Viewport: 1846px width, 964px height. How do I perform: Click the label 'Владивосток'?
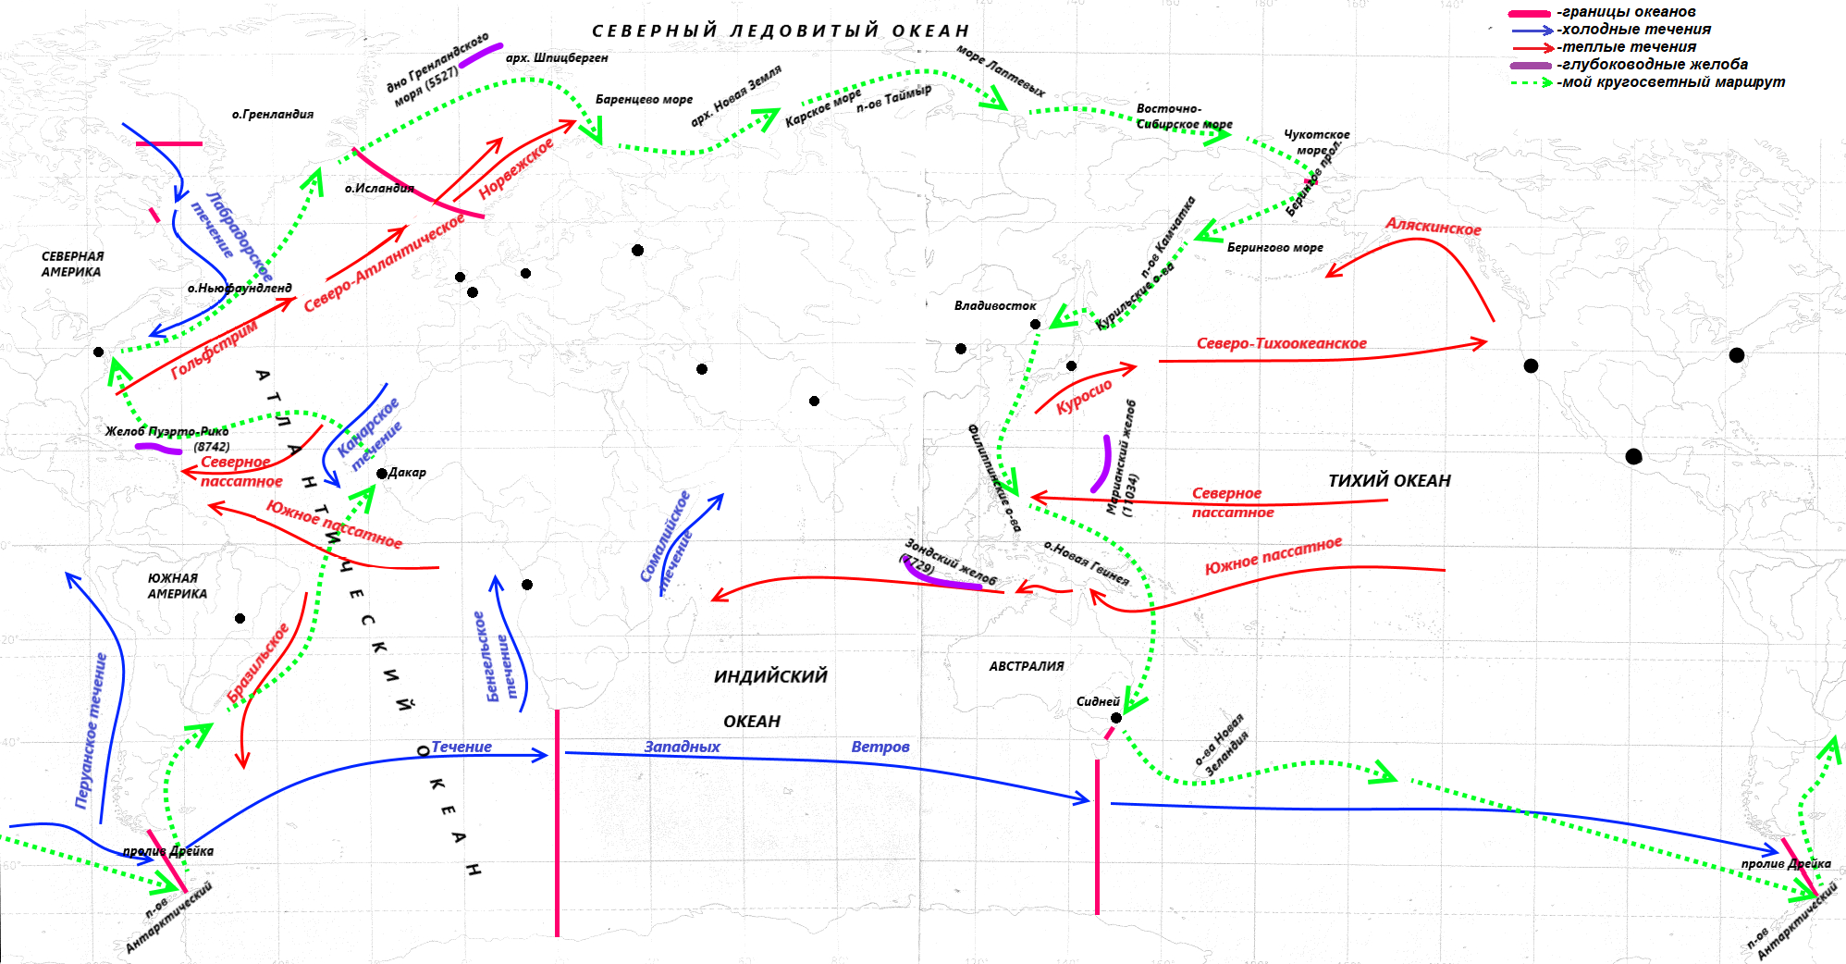coord(995,305)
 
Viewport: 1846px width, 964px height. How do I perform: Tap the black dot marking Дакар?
coord(382,474)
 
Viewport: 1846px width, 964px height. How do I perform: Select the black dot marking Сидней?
coord(1116,718)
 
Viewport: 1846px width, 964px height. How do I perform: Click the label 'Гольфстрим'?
coord(214,350)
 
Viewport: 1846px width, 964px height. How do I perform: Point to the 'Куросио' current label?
coord(1084,395)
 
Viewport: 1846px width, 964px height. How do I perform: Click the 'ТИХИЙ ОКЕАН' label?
coord(1389,480)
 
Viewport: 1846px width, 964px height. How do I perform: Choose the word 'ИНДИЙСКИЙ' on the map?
coord(770,676)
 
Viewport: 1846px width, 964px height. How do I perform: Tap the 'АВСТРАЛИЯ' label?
coord(1027,666)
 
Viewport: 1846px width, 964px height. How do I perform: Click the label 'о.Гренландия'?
coord(273,115)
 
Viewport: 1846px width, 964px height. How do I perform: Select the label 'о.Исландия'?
coord(379,189)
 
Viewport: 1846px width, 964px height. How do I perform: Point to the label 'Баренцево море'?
coord(644,100)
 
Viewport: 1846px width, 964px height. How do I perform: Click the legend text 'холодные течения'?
coord(1635,30)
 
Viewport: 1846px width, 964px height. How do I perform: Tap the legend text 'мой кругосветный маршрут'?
coord(1672,82)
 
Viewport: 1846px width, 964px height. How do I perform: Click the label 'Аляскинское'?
coord(1433,227)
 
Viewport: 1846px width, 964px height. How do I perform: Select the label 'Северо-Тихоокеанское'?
coord(1281,343)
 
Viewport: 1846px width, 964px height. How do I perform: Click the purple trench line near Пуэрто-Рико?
coord(158,449)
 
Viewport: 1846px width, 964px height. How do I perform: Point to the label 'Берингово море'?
coord(1274,248)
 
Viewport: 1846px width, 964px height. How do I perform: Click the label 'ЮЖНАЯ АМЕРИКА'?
coord(177,586)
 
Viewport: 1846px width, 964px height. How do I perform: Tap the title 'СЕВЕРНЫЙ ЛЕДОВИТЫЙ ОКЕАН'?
coord(781,31)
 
